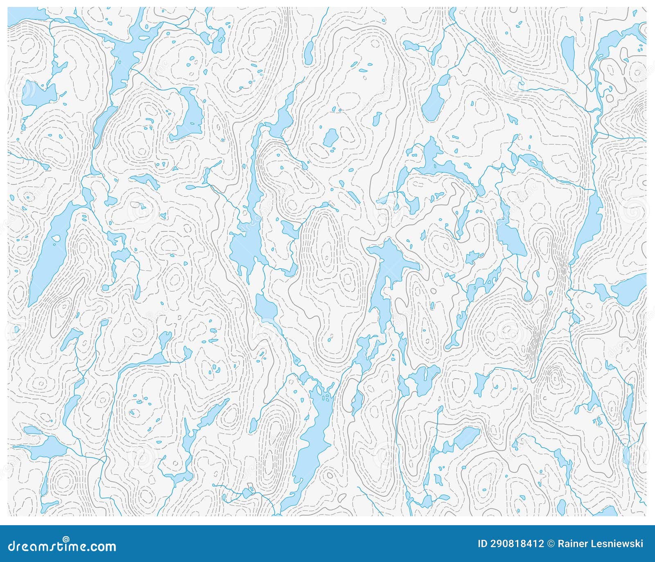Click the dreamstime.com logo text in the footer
point(62,547)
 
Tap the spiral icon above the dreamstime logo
point(66,540)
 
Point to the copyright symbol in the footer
point(551,544)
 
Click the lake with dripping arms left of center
point(246,250)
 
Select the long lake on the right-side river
point(589,225)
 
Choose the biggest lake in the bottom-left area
point(45,448)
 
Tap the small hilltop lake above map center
point(330,138)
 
